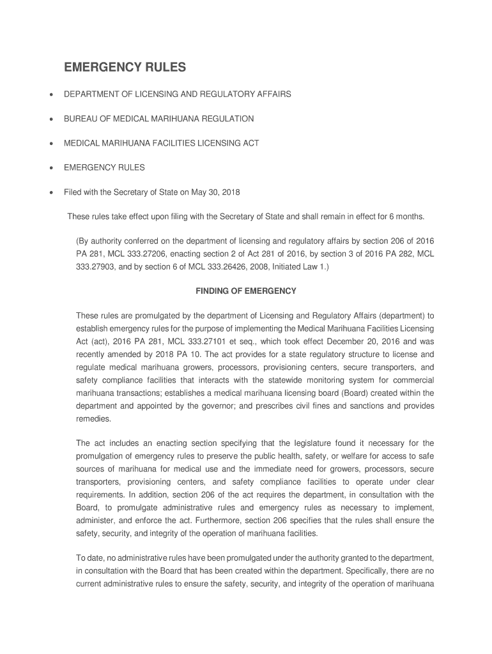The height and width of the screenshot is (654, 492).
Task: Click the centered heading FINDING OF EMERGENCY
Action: coord(245,291)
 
